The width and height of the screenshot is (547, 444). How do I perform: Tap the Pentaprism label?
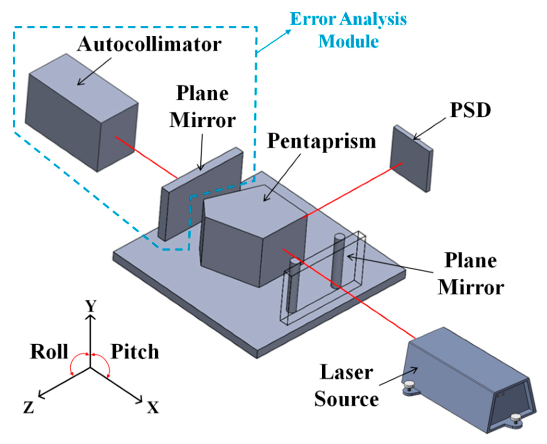tap(322, 141)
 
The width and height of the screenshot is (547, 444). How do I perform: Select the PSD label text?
tap(470, 110)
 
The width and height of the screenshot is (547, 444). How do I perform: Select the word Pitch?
tap(135, 352)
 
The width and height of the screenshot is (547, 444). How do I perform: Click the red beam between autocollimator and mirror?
tap(146, 157)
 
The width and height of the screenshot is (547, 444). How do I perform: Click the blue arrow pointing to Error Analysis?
tap(274, 41)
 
